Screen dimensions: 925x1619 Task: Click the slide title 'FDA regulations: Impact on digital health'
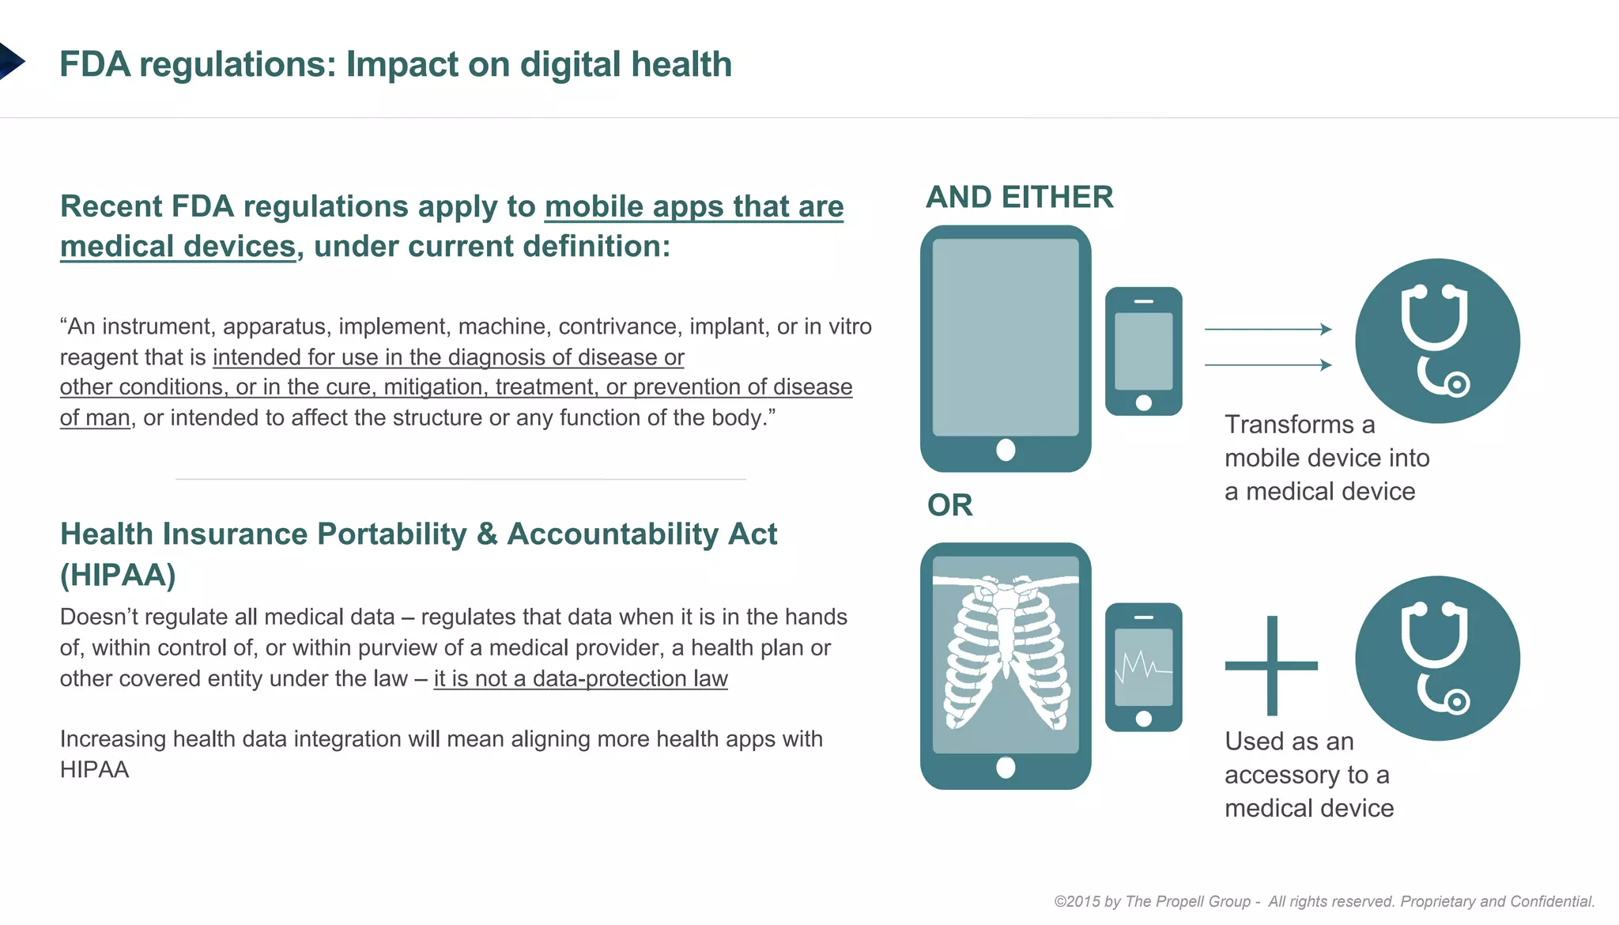tap(395, 65)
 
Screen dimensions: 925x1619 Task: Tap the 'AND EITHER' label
tap(1019, 197)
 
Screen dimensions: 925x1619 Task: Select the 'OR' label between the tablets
tap(949, 505)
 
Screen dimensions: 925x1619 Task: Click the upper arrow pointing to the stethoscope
tap(1268, 329)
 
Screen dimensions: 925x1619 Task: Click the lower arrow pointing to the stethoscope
tap(1268, 364)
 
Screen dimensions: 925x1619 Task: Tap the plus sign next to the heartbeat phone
tap(1271, 666)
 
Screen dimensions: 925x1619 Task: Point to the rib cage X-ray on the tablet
tap(1005, 651)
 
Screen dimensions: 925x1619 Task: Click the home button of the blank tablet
tap(1006, 450)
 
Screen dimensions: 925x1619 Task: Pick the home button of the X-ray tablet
tap(1006, 767)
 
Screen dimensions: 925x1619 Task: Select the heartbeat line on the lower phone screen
tap(1142, 666)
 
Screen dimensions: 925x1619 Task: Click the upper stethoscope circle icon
tap(1437, 341)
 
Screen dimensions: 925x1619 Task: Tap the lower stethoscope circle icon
tap(1437, 658)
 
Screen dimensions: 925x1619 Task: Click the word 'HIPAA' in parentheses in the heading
tap(118, 575)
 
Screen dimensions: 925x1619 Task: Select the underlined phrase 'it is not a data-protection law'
tap(580, 678)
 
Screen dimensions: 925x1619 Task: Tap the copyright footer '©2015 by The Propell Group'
tap(1153, 901)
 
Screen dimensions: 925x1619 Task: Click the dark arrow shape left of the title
tap(10, 61)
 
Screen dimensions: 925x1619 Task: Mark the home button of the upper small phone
tap(1143, 402)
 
